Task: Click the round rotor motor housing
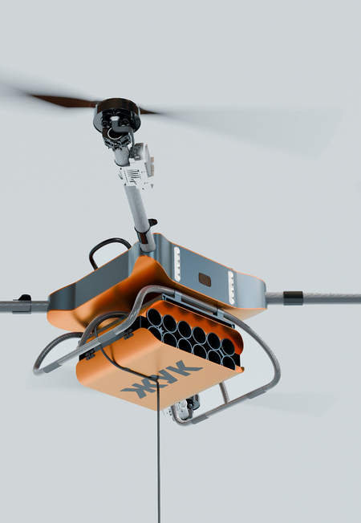pyautogui.click(x=116, y=113)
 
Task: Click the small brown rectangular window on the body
pyautogui.click(x=205, y=279)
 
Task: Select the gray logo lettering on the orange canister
pyautogui.click(x=161, y=379)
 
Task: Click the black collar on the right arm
pyautogui.click(x=293, y=298)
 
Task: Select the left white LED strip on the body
pyautogui.click(x=176, y=263)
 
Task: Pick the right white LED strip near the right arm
pyautogui.click(x=231, y=287)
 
